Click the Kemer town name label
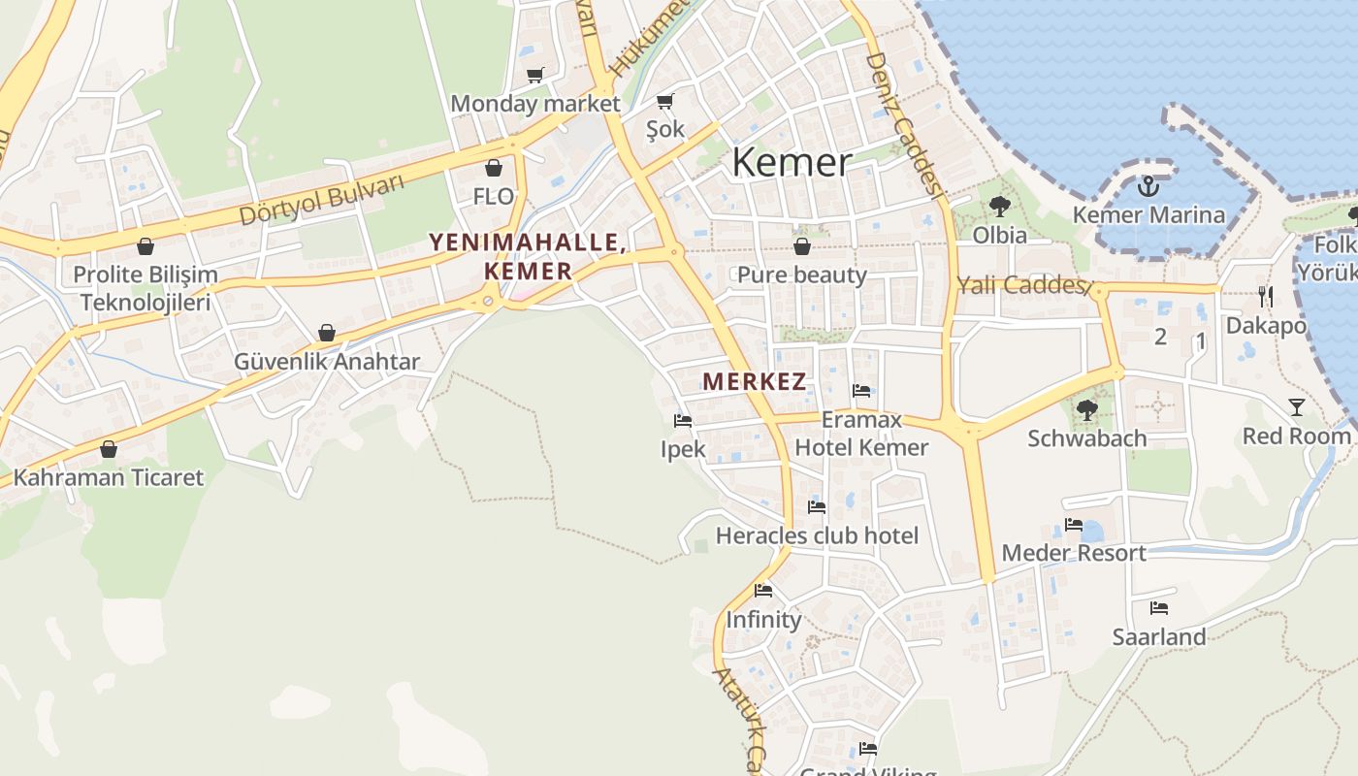click(x=792, y=162)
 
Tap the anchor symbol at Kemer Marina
click(x=1148, y=185)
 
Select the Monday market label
click(x=534, y=103)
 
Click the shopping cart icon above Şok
click(x=664, y=101)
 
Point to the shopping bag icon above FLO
click(x=493, y=168)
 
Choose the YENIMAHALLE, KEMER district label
click(x=528, y=256)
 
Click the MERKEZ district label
click(x=755, y=381)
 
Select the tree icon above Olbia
click(x=999, y=207)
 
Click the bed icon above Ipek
click(x=683, y=421)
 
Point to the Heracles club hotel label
click(x=817, y=535)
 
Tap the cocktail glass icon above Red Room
click(x=1296, y=407)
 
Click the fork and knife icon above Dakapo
click(x=1265, y=296)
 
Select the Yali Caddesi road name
click(x=1019, y=284)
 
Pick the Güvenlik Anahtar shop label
click(x=327, y=362)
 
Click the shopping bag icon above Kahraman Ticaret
click(x=109, y=449)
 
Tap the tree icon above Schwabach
click(x=1086, y=410)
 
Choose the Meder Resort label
click(x=1074, y=553)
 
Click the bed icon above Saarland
click(x=1158, y=608)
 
